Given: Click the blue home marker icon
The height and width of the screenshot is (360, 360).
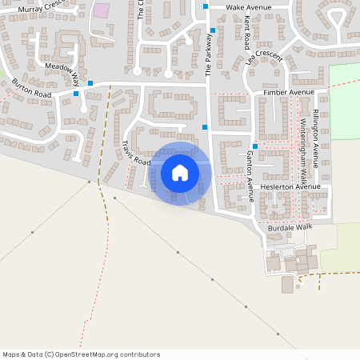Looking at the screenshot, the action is [180, 172].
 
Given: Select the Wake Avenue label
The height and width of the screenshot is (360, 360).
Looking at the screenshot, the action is [249, 6].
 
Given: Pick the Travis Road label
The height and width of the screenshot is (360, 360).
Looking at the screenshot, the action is [136, 153].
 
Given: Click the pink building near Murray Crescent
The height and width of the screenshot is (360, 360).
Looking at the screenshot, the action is [102, 10].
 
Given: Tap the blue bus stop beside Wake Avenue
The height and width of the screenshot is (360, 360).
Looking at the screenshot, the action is [206, 6].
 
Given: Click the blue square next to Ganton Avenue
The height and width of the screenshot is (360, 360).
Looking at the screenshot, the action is [254, 146].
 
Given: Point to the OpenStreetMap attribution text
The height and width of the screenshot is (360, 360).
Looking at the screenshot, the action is [81, 354].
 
